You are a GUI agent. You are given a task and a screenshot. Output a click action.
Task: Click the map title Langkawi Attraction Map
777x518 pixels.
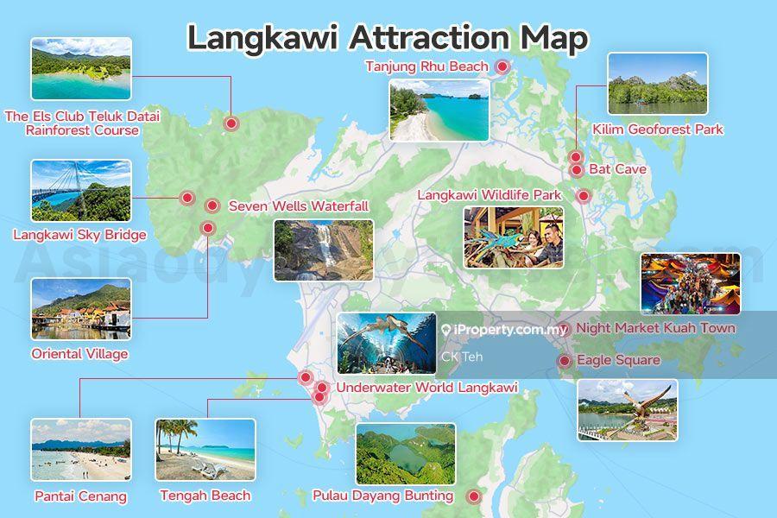point(388,38)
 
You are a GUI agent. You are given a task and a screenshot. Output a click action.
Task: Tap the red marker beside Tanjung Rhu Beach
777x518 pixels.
point(502,66)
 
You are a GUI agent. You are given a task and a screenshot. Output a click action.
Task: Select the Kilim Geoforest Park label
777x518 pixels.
point(658,129)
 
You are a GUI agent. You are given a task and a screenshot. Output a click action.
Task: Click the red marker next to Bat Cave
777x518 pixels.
point(577,170)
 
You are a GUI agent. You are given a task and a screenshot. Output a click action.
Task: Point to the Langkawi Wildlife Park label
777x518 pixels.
point(490,195)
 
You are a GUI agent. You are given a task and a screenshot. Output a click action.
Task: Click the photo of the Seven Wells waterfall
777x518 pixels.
point(324,250)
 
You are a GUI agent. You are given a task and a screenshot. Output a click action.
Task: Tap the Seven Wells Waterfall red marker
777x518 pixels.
point(212,205)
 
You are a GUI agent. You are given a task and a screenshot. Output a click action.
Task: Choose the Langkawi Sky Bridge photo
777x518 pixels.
point(81,191)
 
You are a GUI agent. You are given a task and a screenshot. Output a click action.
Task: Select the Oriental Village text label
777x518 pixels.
point(79,354)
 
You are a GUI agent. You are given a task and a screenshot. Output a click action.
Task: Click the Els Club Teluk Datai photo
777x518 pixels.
point(81,69)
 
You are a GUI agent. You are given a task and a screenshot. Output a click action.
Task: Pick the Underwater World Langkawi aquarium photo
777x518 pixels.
point(387,344)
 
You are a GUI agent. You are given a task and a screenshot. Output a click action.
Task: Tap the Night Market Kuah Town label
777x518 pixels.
point(655,328)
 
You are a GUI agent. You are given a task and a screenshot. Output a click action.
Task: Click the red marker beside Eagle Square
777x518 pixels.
point(564,361)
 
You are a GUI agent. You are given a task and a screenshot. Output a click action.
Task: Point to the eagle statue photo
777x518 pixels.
point(627,410)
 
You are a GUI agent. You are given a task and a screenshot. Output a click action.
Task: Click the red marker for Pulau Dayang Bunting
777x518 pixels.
point(473,496)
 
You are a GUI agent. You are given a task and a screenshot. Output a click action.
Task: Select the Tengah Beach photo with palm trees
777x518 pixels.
point(205,450)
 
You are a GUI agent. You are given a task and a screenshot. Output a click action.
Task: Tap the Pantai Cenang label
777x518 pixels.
point(80,496)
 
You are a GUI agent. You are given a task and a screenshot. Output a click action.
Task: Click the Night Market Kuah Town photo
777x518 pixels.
point(690,283)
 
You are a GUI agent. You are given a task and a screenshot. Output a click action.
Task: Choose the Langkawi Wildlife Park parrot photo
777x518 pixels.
point(513,237)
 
